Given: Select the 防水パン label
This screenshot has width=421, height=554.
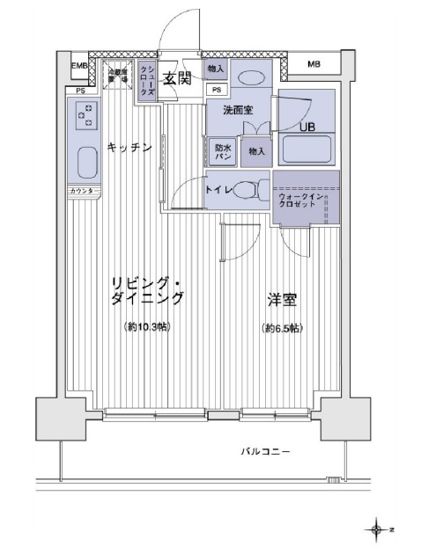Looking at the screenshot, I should pyautogui.click(x=222, y=152).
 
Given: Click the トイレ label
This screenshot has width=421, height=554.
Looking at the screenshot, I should pyautogui.click(x=217, y=189).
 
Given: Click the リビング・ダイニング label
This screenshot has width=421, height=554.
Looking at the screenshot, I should pyautogui.click(x=147, y=290).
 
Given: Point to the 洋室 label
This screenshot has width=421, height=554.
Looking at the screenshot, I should pyautogui.click(x=282, y=299).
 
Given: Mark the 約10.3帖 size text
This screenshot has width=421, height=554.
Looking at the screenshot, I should pyautogui.click(x=147, y=327).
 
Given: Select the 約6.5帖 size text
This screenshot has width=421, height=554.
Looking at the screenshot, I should pyautogui.click(x=282, y=328).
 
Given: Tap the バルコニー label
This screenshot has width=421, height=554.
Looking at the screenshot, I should pyautogui.click(x=267, y=452).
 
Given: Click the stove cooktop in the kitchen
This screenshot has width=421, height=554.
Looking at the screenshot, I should pyautogui.click(x=86, y=114).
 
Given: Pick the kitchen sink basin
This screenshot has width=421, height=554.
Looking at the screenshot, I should pyautogui.click(x=86, y=163).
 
